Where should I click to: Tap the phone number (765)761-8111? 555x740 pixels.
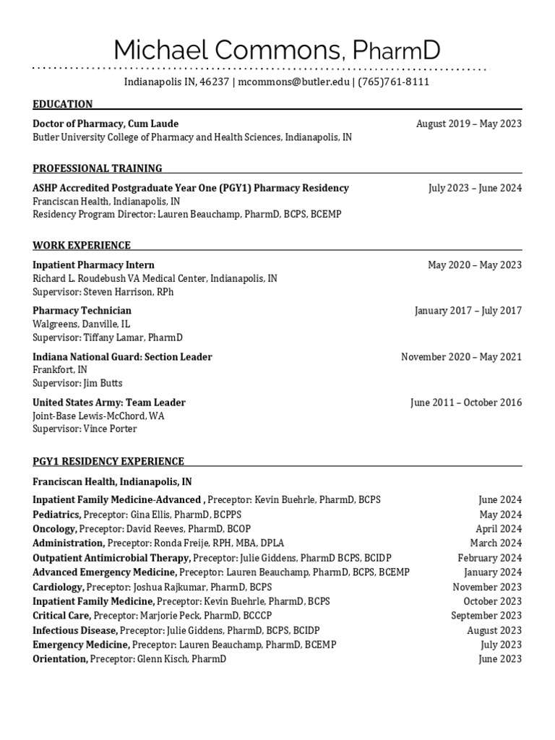(394, 82)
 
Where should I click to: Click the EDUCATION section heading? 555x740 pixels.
(63, 104)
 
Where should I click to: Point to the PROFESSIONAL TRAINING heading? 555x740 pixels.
(98, 168)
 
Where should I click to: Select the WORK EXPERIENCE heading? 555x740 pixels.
(82, 245)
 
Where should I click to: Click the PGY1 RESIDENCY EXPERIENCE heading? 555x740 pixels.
(108, 461)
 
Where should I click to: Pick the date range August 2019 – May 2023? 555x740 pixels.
(468, 124)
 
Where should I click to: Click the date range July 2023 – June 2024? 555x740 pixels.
(474, 188)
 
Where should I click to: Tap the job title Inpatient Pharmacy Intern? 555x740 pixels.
(93, 265)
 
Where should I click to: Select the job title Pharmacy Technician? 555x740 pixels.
(82, 311)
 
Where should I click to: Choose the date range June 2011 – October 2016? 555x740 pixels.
(465, 403)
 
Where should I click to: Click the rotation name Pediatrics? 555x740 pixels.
(57, 515)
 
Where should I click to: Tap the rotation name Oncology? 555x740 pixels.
(54, 529)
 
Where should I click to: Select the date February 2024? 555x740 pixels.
(489, 558)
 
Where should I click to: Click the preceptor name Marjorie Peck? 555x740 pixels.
(168, 616)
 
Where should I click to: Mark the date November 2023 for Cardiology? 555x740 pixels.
(486, 587)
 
